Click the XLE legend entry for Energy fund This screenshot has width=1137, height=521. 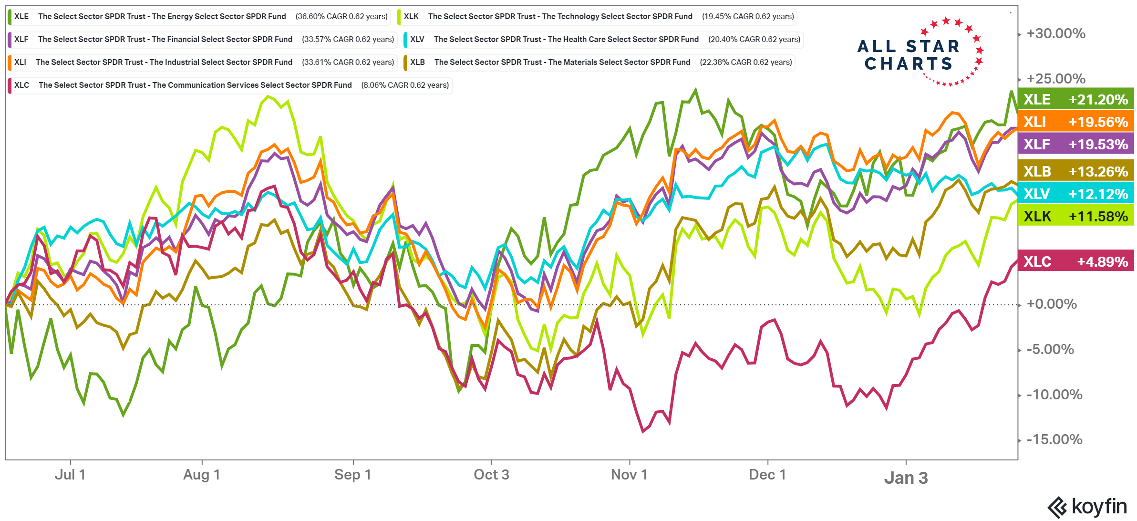point(199,17)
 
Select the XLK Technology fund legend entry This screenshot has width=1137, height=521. point(597,17)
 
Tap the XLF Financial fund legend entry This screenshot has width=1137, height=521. point(202,40)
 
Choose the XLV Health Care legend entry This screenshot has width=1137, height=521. point(603,40)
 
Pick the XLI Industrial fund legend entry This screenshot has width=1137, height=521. point(202,63)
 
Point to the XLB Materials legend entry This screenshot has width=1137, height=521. point(599,63)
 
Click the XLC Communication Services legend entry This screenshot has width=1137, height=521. point(230,85)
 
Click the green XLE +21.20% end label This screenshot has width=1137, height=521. point(1075,99)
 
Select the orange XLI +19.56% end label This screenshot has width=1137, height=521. point(1075,122)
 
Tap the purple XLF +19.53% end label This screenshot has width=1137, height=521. point(1075,144)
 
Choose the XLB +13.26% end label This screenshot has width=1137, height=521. point(1075,171)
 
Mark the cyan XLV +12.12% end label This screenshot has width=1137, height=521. point(1075,194)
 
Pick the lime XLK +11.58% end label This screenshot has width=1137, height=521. point(1075,216)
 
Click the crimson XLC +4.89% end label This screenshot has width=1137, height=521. point(1075,261)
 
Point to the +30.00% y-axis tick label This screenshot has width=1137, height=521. point(1056,33)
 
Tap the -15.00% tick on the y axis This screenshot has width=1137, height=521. point(1054,439)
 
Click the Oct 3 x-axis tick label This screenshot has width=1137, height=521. point(491,475)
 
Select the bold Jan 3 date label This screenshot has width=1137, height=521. point(906,478)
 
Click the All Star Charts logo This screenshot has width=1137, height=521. point(920,52)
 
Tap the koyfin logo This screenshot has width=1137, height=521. point(1087,507)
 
